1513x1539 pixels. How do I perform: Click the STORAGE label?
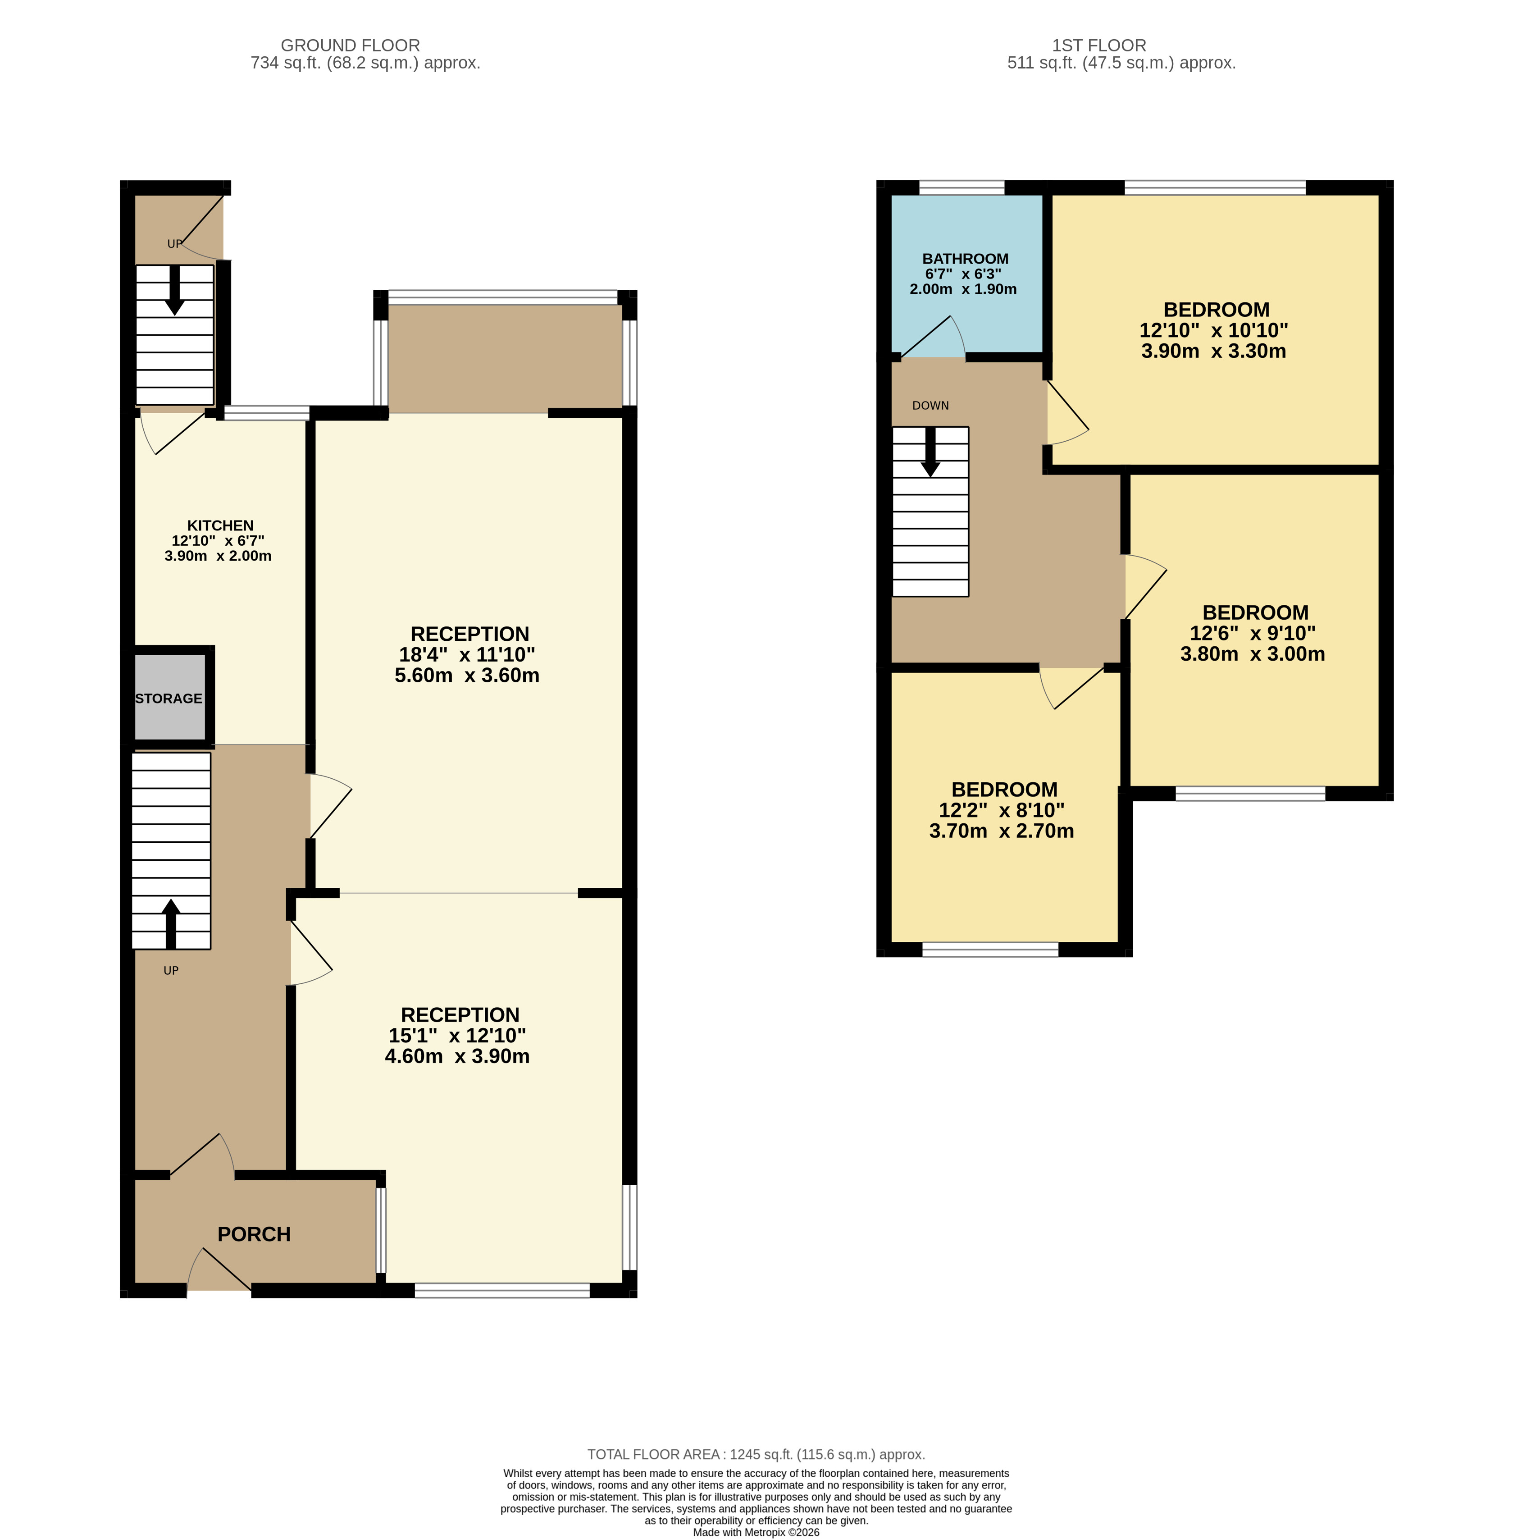click(169, 699)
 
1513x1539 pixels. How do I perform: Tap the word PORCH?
click(254, 1234)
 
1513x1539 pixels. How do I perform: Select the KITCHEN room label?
click(220, 525)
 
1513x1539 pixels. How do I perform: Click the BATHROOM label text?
click(966, 259)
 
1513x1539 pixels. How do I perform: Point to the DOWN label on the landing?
click(930, 406)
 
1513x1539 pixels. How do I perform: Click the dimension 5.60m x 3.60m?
click(467, 676)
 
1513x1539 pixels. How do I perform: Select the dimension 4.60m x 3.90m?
click(457, 1056)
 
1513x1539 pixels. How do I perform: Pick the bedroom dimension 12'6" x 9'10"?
click(1253, 634)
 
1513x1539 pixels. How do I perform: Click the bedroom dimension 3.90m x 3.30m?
click(1213, 352)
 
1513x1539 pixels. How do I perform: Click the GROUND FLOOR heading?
click(351, 46)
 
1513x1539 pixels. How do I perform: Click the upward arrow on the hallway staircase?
click(171, 924)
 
